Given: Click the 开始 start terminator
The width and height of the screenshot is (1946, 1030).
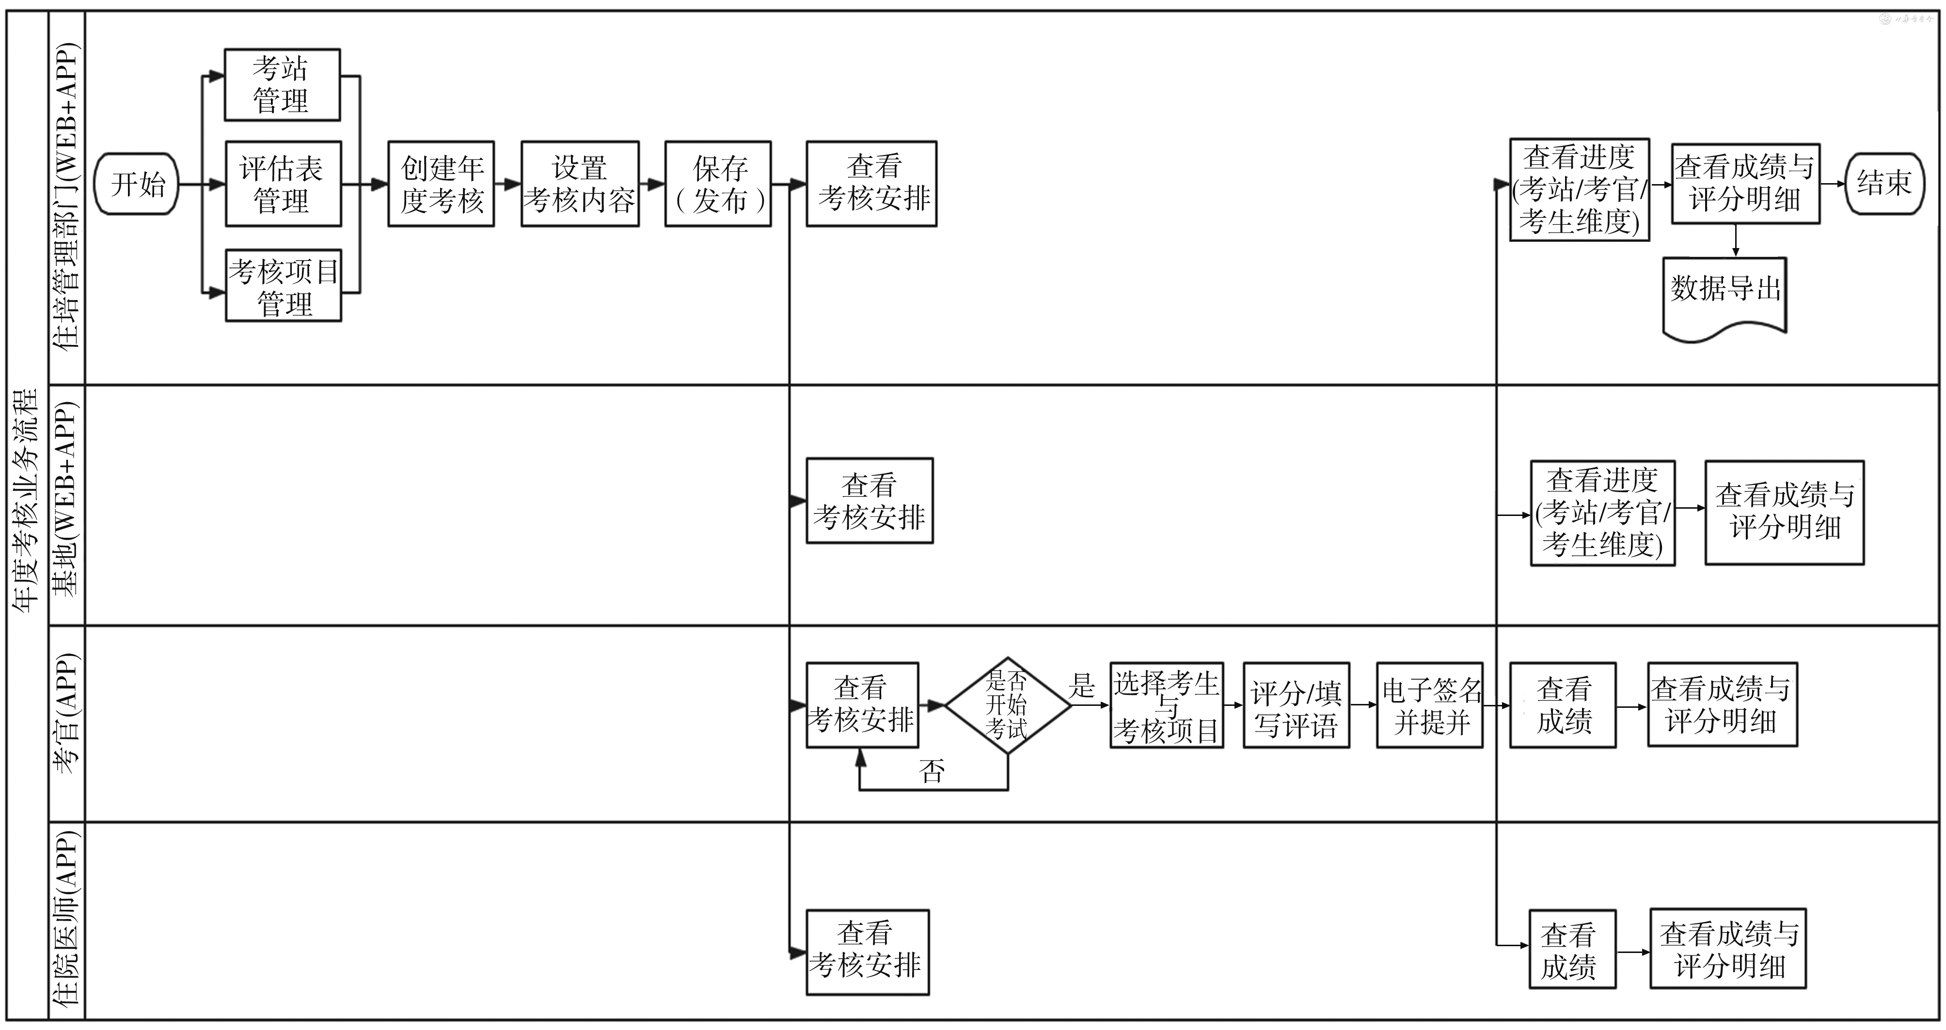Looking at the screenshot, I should [136, 184].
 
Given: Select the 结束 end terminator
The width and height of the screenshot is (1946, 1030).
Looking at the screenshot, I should [1884, 184].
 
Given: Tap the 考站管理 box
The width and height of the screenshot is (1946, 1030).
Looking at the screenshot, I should [282, 85].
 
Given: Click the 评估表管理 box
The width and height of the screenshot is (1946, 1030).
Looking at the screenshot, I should [283, 184].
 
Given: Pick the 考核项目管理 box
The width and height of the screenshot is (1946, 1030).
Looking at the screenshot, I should [283, 285].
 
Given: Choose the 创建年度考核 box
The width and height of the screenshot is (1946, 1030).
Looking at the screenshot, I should [441, 184].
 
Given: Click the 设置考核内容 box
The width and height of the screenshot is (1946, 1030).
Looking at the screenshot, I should [579, 184].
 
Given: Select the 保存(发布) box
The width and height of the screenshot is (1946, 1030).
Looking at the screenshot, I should [718, 184].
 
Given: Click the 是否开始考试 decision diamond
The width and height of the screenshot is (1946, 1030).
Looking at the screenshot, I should [1008, 705].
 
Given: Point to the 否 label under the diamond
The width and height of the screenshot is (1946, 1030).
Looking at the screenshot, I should [932, 771].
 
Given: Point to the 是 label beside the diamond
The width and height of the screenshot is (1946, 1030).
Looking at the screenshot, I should [1082, 686].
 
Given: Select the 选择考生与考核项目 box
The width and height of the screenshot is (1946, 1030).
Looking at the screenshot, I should [1167, 705].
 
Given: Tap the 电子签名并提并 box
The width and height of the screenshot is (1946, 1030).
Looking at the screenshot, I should [1429, 705].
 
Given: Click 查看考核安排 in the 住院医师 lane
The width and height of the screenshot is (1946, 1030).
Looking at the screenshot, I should [867, 952].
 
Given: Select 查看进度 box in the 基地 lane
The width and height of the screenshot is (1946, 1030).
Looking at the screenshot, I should [1602, 513].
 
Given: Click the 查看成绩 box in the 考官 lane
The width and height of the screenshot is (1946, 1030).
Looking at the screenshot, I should [1563, 705].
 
